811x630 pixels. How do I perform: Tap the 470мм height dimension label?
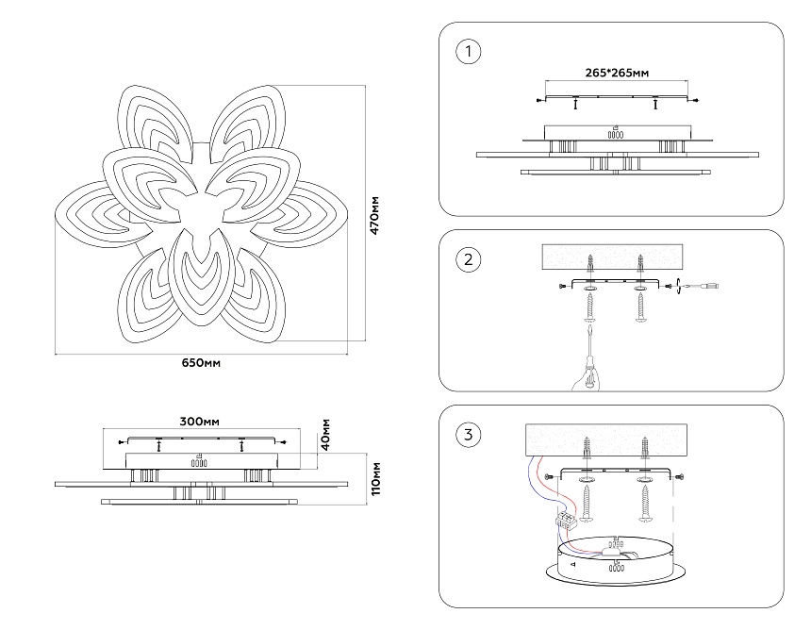coord(374,216)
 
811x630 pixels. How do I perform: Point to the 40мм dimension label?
coord(326,434)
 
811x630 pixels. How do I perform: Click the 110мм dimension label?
coord(374,478)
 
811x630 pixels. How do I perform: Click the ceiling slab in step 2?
coord(614,256)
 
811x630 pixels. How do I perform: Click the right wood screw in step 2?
coord(641,307)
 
